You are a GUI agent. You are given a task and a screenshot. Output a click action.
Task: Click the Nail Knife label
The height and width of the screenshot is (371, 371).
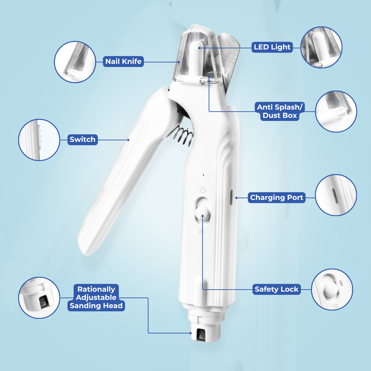(123, 62)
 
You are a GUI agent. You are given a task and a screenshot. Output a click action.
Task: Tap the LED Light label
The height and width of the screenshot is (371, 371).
(272, 47)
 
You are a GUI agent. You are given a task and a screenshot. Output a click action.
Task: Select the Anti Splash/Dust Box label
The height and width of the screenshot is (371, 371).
(280, 111)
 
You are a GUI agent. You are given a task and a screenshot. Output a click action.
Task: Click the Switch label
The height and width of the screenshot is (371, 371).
(82, 139)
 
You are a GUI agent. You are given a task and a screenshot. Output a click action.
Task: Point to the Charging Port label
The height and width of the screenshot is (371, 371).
(277, 198)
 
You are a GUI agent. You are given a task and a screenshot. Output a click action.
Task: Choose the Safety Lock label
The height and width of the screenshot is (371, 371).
(276, 289)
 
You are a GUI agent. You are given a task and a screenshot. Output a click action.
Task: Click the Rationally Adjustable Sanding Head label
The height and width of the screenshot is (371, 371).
(97, 297)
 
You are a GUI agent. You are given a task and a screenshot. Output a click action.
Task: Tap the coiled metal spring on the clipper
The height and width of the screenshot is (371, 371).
(181, 137)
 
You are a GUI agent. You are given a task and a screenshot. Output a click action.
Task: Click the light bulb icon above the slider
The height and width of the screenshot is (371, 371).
(203, 190)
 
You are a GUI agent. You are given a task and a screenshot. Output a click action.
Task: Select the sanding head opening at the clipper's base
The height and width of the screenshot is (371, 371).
(200, 334)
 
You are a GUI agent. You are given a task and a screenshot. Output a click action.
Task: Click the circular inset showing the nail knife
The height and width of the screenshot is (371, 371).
(75, 62)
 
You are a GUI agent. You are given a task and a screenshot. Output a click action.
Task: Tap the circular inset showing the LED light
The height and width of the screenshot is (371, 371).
(321, 47)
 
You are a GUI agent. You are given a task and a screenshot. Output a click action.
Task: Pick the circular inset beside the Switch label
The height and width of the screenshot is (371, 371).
(39, 139)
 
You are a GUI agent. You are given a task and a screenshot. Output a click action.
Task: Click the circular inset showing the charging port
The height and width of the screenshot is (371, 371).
(336, 195)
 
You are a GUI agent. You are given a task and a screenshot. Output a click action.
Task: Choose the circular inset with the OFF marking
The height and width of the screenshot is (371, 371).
(332, 289)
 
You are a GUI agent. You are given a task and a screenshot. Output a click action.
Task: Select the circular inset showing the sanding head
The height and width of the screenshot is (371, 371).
(39, 297)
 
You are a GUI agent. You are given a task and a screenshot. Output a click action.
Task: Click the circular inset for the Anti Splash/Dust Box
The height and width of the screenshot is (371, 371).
(336, 111)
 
